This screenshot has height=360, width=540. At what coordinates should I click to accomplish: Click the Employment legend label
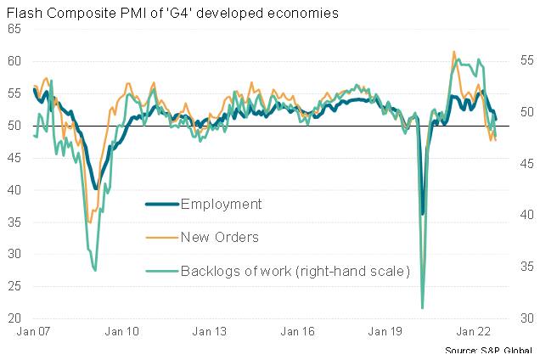click(x=222, y=204)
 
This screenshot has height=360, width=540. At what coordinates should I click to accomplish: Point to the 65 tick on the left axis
click(x=15, y=29)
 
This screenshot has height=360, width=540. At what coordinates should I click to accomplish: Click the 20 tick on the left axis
click(x=15, y=319)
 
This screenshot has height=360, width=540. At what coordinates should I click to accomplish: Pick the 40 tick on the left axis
click(x=15, y=190)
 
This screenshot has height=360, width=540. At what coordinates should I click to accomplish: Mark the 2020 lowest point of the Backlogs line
click(x=422, y=307)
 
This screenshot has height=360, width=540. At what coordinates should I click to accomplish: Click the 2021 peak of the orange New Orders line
click(x=454, y=52)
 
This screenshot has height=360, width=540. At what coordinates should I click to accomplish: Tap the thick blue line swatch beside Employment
click(x=161, y=204)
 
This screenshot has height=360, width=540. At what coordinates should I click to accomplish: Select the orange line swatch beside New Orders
click(x=161, y=237)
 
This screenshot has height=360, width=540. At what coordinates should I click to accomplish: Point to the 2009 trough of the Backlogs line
click(x=95, y=270)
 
